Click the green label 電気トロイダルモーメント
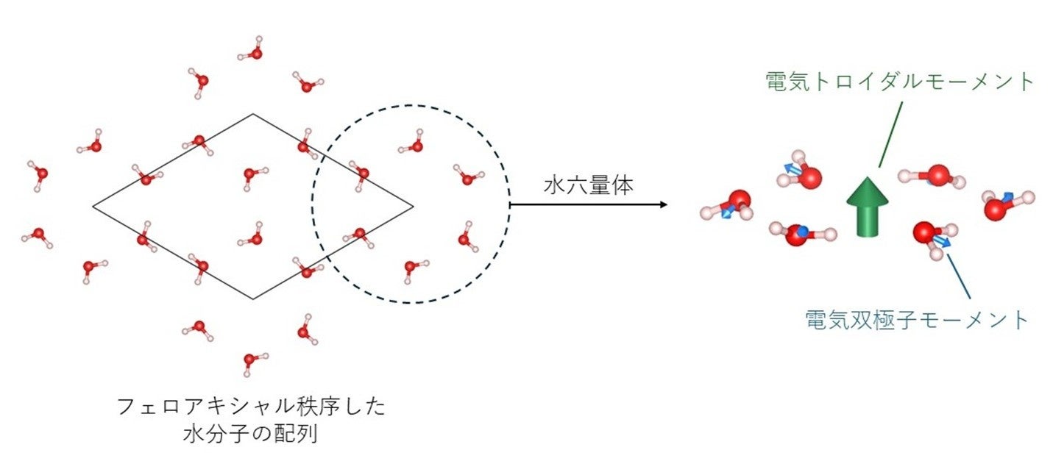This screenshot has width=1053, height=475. [x=900, y=81]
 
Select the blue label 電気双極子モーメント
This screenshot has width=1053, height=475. [x=916, y=320]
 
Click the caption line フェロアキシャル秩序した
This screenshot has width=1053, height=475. [x=251, y=407]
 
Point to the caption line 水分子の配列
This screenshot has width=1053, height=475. [x=251, y=434]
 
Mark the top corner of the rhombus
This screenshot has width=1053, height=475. [x=253, y=114]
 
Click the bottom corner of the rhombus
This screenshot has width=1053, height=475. [x=253, y=299]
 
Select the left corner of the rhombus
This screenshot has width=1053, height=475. [x=93, y=207]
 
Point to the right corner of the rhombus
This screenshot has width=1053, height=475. [x=413, y=205]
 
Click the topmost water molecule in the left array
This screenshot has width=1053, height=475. [x=254, y=52]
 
